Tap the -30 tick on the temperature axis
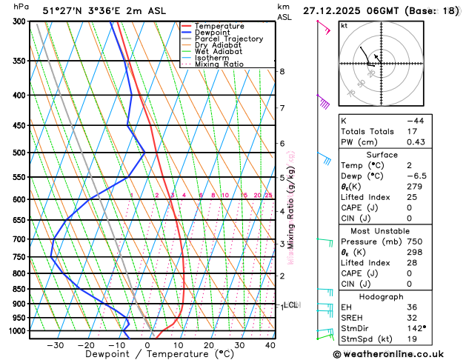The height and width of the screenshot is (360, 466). pyautogui.click(x=55, y=344)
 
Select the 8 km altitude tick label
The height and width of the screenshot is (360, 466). pyautogui.click(x=282, y=71)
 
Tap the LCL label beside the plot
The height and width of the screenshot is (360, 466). pyautogui.click(x=291, y=304)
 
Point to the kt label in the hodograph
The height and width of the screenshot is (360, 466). pyautogui.click(x=344, y=25)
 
